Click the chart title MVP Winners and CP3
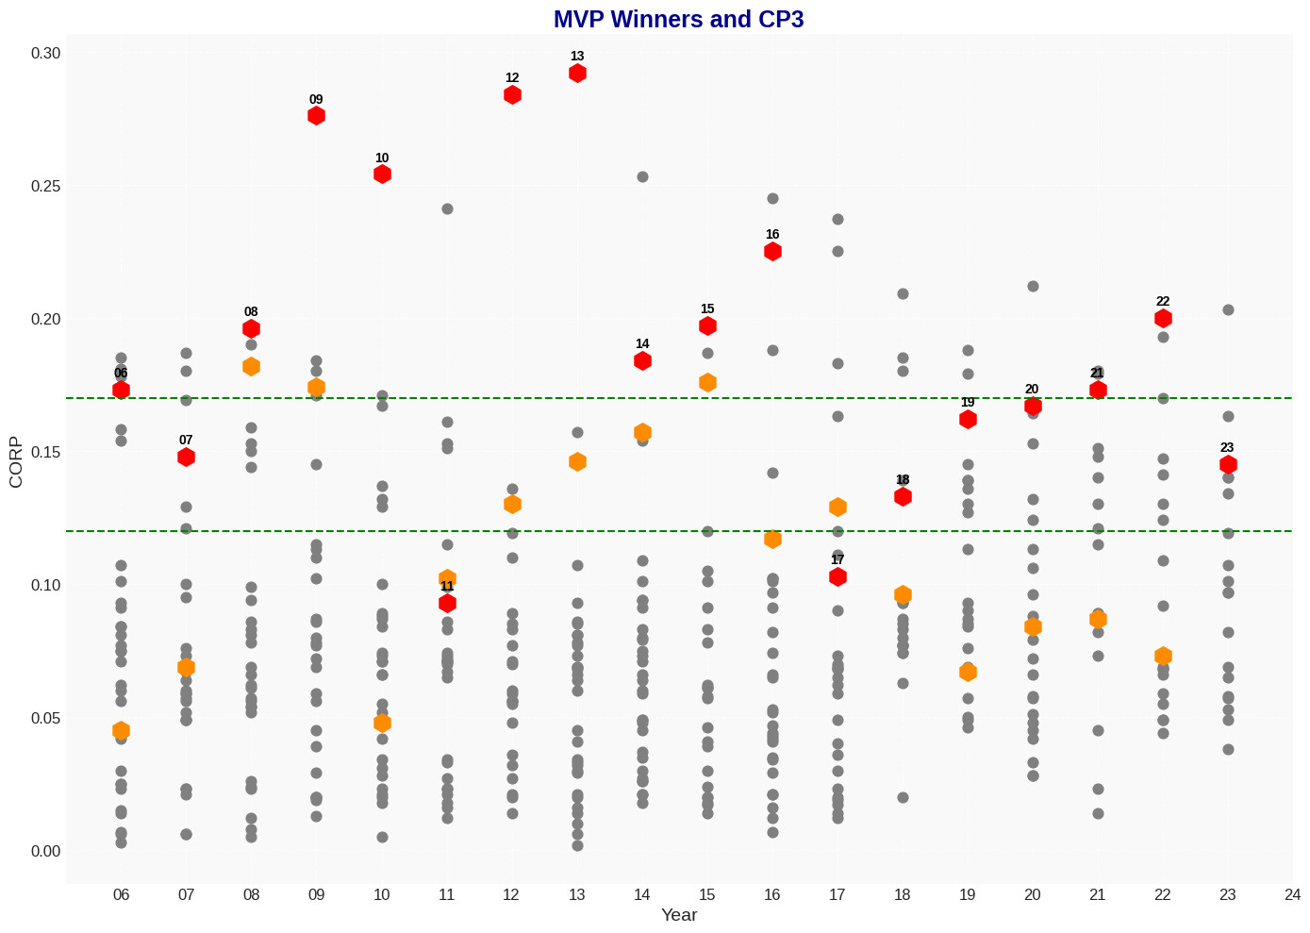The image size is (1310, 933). coord(678,19)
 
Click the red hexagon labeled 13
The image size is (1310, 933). coord(577,74)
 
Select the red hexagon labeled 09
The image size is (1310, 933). coord(316,116)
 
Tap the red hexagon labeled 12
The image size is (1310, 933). coord(512,95)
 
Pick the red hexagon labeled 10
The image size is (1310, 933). coord(382,175)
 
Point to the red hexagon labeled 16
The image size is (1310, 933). coord(772,252)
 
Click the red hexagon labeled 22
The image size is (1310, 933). coord(1163,319)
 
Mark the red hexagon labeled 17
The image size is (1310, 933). coord(837,577)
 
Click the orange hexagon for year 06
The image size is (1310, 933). coord(121,731)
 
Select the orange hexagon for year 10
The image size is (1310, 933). coord(382,724)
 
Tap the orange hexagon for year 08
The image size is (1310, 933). coord(251,367)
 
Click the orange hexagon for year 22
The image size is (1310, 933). coord(1163,657)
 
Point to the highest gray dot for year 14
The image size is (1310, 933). coord(642,177)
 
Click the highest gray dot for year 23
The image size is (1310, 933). coord(1228,310)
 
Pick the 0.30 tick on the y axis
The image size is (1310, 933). coord(46,54)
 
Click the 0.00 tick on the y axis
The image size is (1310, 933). coord(46,852)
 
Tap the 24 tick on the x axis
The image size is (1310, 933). coord(1292,895)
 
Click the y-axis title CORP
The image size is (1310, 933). coord(15,462)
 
